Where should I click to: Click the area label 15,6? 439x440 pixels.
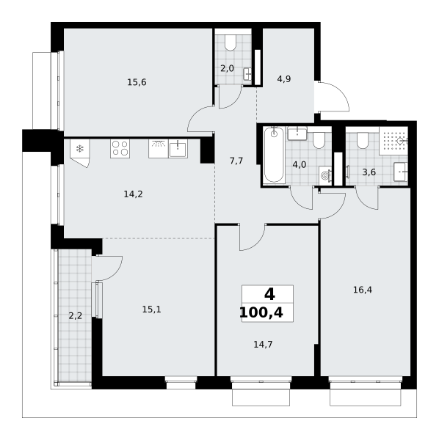pos(137,82)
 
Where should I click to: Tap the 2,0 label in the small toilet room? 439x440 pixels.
pos(228,68)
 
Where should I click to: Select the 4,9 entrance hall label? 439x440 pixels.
pos(284,79)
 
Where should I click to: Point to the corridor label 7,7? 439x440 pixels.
pos(236,161)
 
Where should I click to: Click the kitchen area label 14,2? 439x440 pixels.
pos(134,194)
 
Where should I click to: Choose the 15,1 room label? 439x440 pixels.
pos(152,309)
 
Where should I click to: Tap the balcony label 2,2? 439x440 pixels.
pos(76,316)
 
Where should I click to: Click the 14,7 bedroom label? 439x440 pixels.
pos(263,345)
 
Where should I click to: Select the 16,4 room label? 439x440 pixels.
pos(363,290)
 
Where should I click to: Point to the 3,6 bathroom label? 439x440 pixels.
pos(369,172)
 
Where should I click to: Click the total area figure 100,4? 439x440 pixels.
pos(261,313)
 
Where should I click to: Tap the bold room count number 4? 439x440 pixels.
pos(269,295)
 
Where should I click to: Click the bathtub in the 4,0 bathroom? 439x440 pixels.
pos(274,155)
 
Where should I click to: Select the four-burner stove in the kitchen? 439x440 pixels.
pos(120,148)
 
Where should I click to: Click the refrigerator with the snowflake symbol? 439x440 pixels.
pos(80,153)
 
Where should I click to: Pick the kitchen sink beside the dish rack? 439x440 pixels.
pos(178,149)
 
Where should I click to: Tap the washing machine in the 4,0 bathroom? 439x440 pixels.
pos(325,176)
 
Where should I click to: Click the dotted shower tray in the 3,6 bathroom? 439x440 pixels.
pos(393,141)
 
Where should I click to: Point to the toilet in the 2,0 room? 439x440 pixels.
pos(231,43)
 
